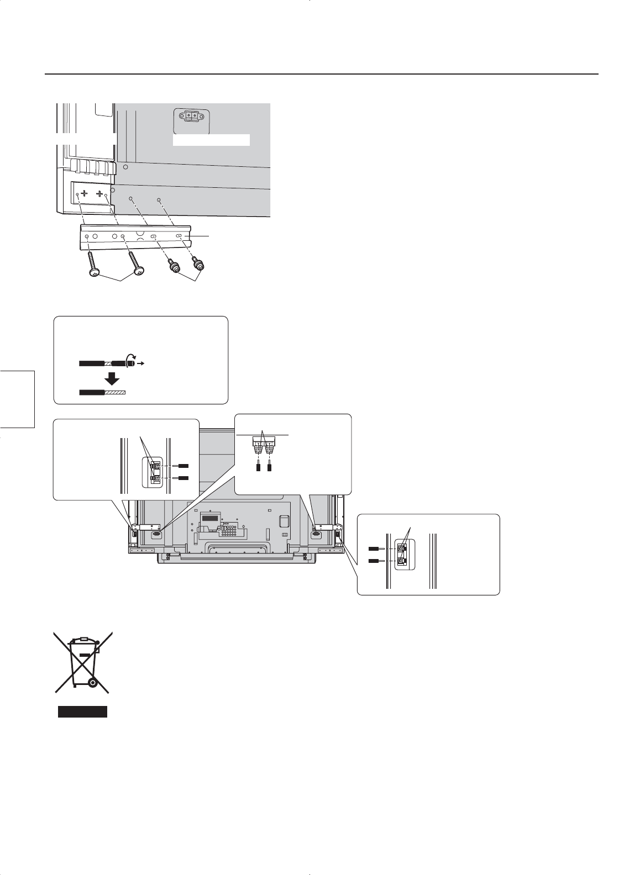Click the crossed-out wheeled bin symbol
pos(82,662)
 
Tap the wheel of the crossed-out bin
pos(92,683)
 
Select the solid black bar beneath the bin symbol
pos(82,711)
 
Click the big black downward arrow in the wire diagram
pos(113,378)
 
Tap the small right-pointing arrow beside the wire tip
pos(141,364)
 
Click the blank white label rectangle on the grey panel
pos(212,140)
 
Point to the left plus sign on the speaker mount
pos(85,194)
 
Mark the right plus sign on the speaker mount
pos(102,194)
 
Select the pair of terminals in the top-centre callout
pos(263,442)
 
